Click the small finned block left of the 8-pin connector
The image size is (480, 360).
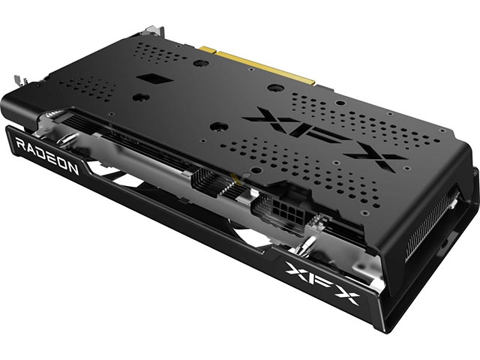click(x=206, y=182)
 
